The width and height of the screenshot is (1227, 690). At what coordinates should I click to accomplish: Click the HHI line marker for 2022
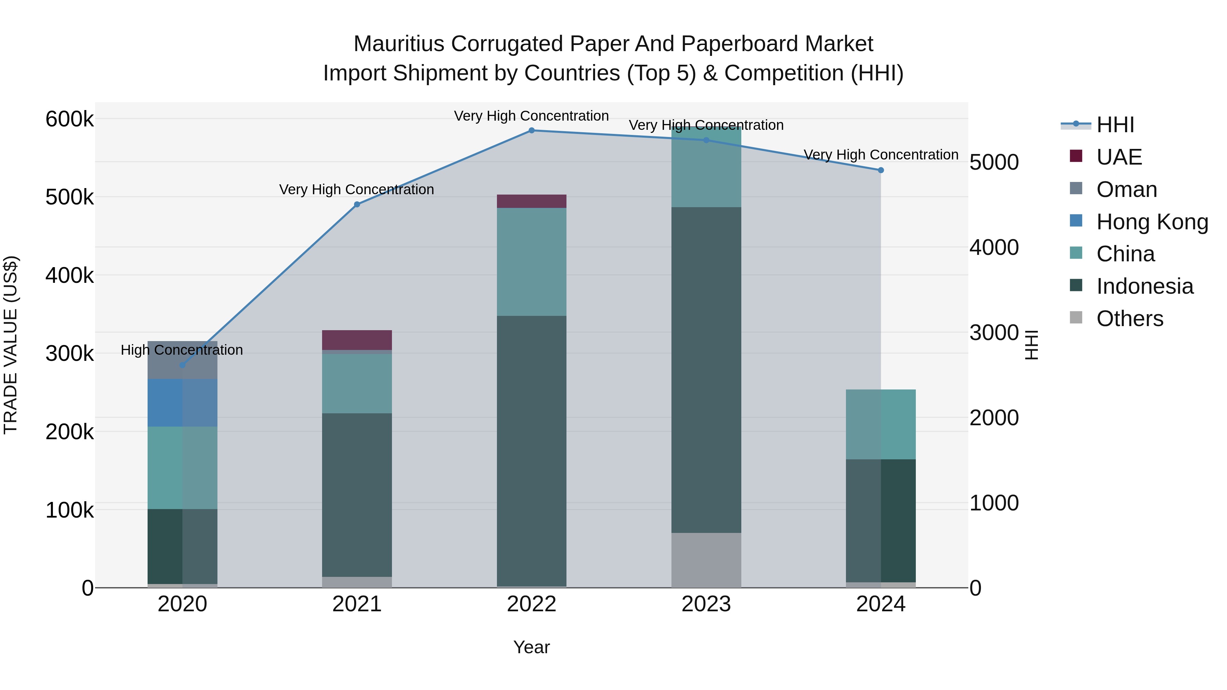pyautogui.click(x=532, y=131)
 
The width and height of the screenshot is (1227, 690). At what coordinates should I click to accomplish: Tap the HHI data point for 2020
pyautogui.click(x=182, y=365)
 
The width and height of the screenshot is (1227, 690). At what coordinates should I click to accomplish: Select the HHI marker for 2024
pyautogui.click(x=881, y=170)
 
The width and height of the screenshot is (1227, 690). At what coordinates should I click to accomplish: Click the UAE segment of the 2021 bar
pyautogui.click(x=357, y=340)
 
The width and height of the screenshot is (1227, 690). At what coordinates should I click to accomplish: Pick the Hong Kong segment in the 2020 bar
pyautogui.click(x=182, y=403)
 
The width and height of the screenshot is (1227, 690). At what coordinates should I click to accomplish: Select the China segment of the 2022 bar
pyautogui.click(x=532, y=262)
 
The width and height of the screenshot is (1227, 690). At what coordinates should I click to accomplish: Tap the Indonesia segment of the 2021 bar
pyautogui.click(x=357, y=495)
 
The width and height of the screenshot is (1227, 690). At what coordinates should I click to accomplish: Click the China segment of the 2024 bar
pyautogui.click(x=881, y=424)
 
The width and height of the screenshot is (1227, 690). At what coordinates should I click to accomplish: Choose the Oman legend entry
pyautogui.click(x=1126, y=189)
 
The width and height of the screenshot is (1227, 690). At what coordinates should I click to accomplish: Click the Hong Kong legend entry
pyautogui.click(x=1152, y=222)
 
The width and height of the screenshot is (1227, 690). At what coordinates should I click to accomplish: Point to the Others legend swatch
pyautogui.click(x=1076, y=318)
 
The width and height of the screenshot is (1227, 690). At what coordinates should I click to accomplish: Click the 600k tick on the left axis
pyautogui.click(x=70, y=119)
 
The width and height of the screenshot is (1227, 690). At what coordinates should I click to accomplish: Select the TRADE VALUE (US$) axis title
pyautogui.click(x=11, y=345)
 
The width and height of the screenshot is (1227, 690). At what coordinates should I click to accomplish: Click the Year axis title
pyautogui.click(x=532, y=647)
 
